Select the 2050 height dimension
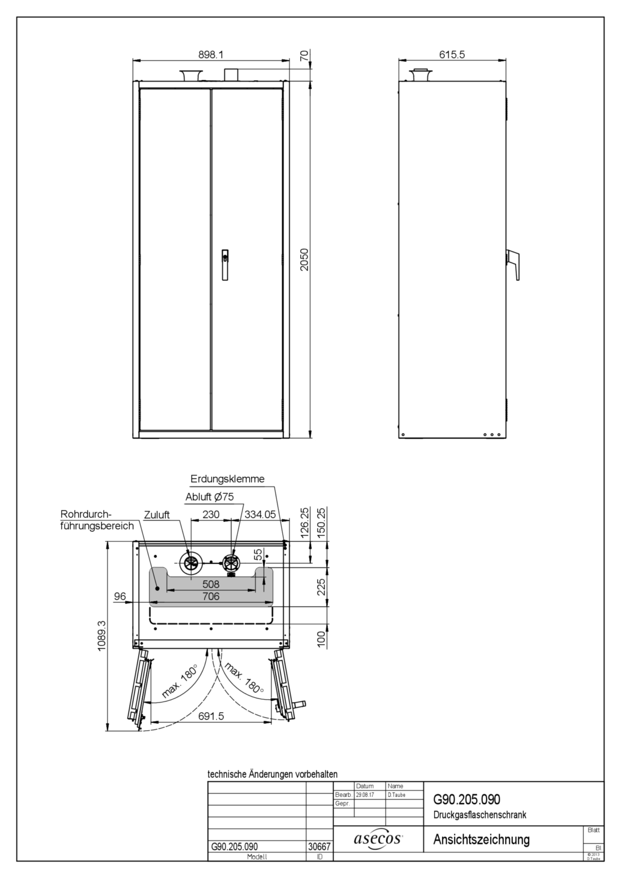click(x=304, y=259)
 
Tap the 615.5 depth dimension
click(x=452, y=55)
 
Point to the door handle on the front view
click(x=225, y=264)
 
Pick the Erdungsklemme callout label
click(x=227, y=479)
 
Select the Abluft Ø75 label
click(x=210, y=497)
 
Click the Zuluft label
click(x=157, y=515)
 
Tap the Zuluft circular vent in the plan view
click(x=191, y=564)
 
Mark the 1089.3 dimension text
click(x=102, y=635)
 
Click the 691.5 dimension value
click(x=211, y=716)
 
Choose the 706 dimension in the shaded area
click(x=211, y=596)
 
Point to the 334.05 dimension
click(x=260, y=514)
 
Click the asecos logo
click(x=378, y=839)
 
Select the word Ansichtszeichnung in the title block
click(x=481, y=839)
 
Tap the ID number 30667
click(x=319, y=847)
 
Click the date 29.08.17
click(x=365, y=795)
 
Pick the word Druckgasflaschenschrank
click(x=480, y=815)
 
